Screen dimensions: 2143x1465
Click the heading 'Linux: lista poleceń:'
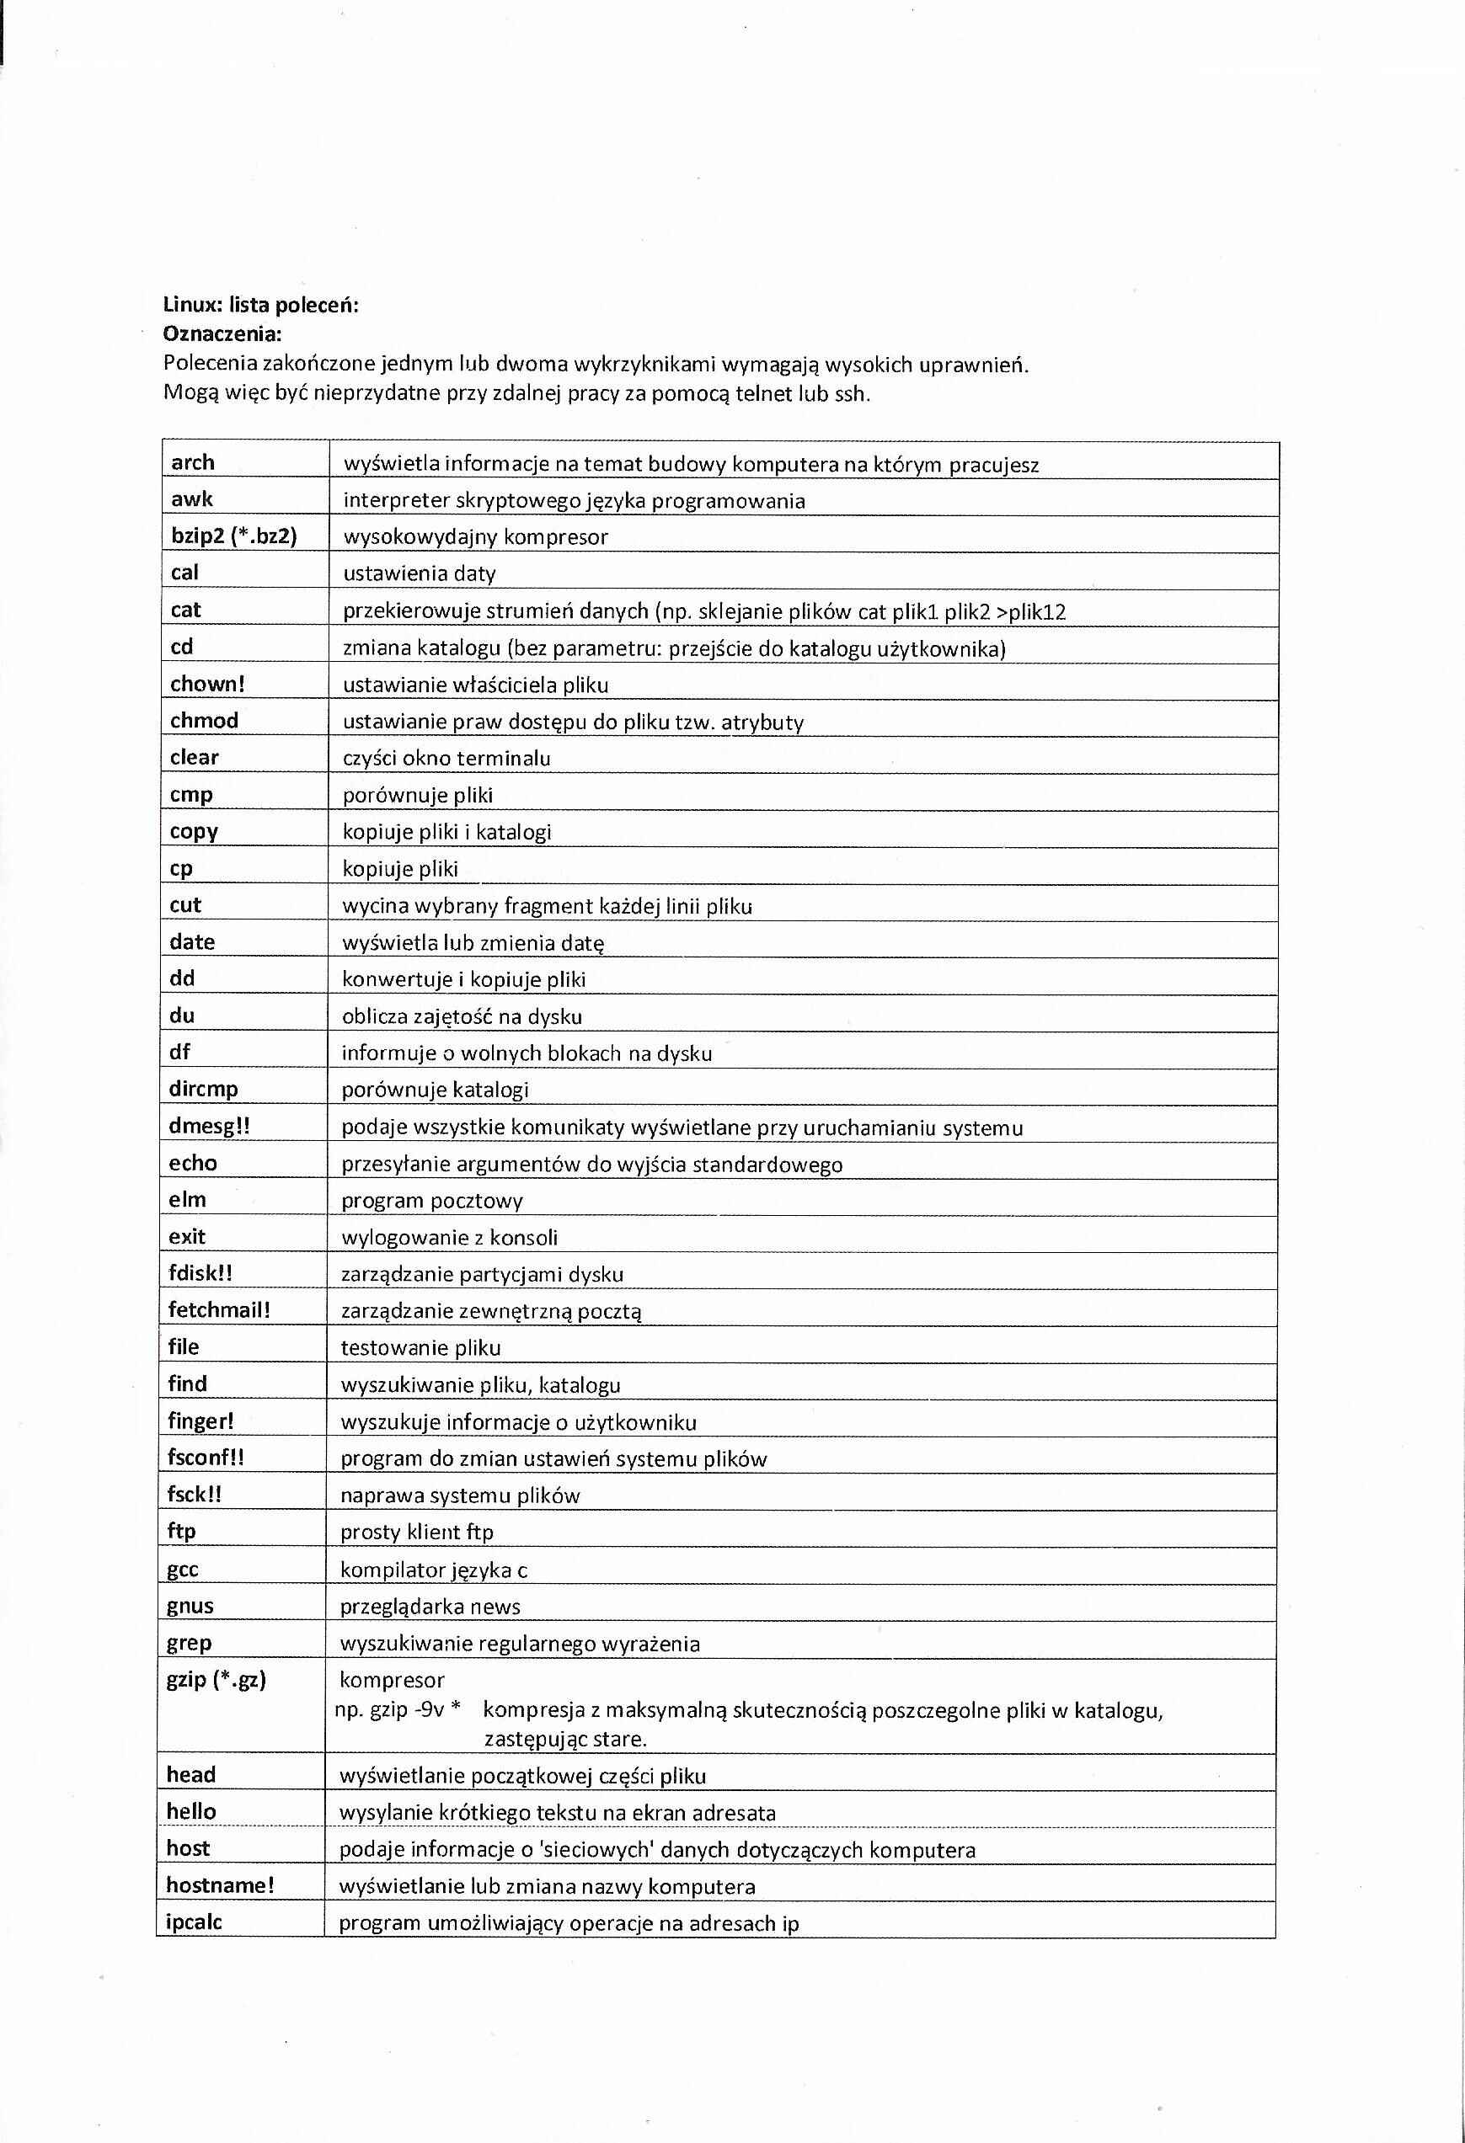[x=260, y=304]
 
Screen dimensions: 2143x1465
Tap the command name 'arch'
[x=193, y=462]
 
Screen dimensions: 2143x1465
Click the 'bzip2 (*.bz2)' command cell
[x=234, y=536]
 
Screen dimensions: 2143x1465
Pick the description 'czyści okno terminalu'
[x=446, y=758]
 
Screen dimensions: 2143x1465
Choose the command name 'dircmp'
[x=203, y=1088]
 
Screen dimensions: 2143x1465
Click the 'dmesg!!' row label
[x=208, y=1126]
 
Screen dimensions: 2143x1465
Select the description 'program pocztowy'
[x=432, y=1201]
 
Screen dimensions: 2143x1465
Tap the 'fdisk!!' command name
[x=201, y=1272]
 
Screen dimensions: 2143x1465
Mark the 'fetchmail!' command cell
[x=219, y=1309]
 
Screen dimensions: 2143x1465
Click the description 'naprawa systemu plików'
[x=459, y=1495]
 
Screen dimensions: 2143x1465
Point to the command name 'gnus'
[x=190, y=1606]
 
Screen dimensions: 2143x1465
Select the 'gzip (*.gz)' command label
[x=216, y=1679]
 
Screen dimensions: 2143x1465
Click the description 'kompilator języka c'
[x=434, y=1570]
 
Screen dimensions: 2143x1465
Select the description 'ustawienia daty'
[x=419, y=573]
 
